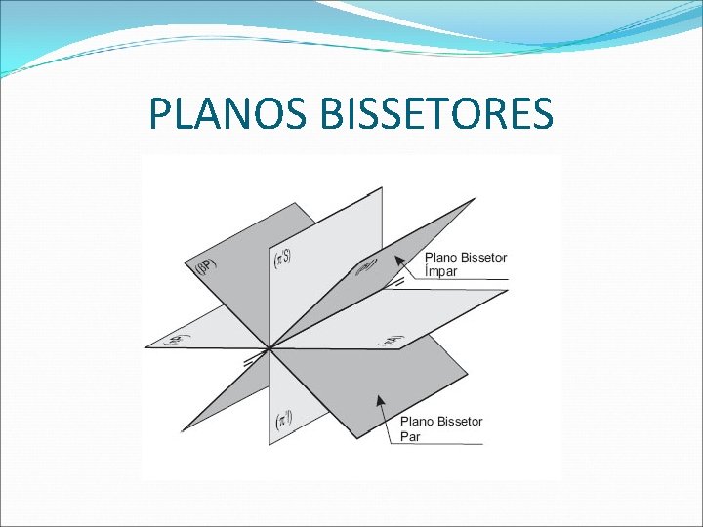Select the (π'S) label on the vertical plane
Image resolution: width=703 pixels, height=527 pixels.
[281, 260]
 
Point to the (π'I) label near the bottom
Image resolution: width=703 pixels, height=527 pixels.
[281, 421]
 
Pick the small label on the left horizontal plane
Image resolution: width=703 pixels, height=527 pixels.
[177, 340]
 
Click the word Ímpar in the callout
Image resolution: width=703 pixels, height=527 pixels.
[441, 272]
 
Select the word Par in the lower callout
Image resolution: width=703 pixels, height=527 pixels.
[410, 436]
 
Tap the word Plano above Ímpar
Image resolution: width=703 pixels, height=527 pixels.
[441, 258]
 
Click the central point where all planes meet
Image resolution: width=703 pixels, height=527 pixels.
[269, 346]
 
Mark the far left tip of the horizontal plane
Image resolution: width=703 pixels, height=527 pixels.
[145, 345]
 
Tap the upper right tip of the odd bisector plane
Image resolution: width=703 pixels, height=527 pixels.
[476, 199]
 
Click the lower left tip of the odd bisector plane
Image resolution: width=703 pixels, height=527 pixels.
[183, 430]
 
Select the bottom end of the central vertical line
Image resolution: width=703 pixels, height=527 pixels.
[269, 445]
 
